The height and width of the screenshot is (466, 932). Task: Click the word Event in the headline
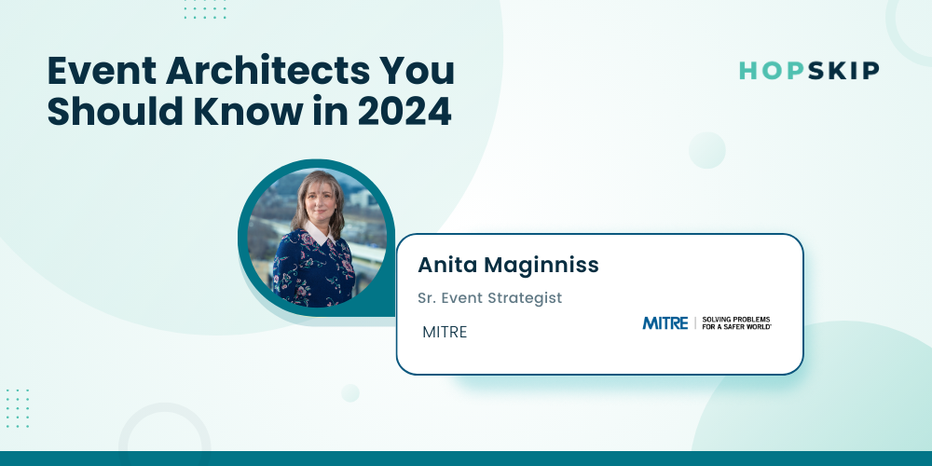(x=102, y=71)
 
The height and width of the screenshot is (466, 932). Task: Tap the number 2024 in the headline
(x=404, y=113)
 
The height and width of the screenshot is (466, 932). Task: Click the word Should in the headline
(x=116, y=113)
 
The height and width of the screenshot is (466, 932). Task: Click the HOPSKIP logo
(x=809, y=71)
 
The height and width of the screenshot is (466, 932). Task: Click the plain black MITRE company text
(x=445, y=333)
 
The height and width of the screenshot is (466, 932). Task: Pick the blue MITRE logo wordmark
(x=665, y=322)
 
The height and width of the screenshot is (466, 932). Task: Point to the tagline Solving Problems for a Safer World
(x=736, y=322)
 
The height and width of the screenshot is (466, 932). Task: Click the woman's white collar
(x=319, y=232)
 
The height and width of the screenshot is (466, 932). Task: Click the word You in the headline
(x=423, y=71)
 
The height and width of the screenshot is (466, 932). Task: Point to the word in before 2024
(x=336, y=113)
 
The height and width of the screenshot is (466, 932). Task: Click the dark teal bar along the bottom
(x=466, y=459)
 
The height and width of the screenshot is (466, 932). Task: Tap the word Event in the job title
(x=463, y=297)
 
